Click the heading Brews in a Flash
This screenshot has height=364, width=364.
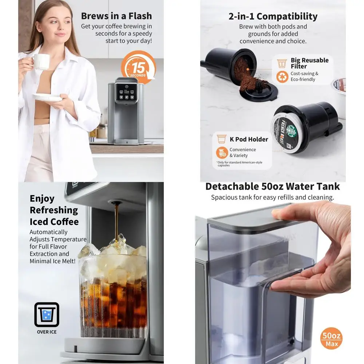click(116, 16)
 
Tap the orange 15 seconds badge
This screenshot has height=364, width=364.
click(138, 67)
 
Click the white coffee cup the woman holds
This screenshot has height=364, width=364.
click(41, 62)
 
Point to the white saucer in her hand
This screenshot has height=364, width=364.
click(47, 98)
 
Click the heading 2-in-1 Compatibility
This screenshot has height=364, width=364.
click(273, 16)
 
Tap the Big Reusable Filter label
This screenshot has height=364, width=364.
click(309, 63)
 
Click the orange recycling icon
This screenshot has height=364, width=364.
click(282, 76)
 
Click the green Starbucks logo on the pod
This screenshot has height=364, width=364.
click(291, 131)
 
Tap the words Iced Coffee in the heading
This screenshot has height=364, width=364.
click(54, 222)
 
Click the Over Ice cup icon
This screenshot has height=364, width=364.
click(47, 314)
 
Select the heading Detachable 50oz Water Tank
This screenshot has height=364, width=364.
click(272, 186)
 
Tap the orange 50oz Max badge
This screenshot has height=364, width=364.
click(332, 339)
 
